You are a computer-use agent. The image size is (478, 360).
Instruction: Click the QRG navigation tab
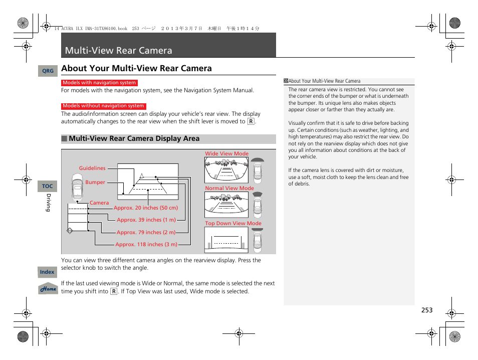pos(48,71)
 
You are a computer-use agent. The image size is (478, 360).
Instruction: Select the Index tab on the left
pos(47,272)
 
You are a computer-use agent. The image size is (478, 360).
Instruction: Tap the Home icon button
pos(48,289)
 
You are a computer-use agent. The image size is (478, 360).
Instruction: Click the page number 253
pos(426,310)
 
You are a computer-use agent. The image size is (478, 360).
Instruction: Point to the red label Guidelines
pos(92,168)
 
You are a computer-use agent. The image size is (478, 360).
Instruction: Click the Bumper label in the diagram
pos(95,183)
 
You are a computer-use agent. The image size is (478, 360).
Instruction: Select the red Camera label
pos(99,203)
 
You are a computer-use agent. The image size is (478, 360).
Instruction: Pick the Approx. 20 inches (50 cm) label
pos(146,208)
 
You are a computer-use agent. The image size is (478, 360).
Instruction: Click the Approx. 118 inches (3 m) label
pos(146,245)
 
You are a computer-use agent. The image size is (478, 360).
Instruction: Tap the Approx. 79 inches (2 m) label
pos(146,233)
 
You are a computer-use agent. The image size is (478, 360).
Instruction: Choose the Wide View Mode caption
pos(226,154)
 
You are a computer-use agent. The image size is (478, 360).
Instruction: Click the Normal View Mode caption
pos(229,189)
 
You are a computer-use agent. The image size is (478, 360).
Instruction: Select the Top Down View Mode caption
pos(233,224)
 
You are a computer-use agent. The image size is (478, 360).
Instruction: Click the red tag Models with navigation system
pos(99,83)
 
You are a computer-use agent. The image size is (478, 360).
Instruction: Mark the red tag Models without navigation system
pos(103,106)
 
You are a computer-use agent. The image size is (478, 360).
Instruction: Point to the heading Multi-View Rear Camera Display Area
pos(134,139)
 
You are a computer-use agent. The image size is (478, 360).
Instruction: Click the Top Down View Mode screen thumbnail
pos(226,240)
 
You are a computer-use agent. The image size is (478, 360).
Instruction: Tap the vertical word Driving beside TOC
pos(49,203)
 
